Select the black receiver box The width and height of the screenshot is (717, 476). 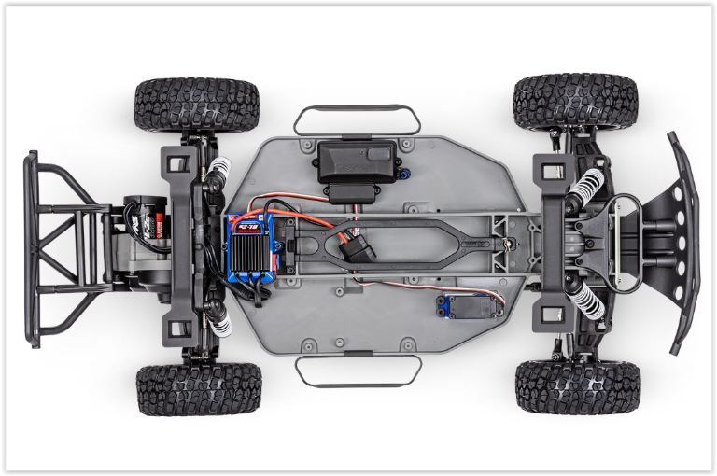(x=356, y=161)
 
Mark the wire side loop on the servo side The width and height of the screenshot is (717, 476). (x=357, y=371)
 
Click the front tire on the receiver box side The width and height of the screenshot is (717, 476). (x=575, y=102)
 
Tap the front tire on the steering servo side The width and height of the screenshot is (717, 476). (x=578, y=386)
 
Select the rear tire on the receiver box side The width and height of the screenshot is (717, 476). (x=197, y=104)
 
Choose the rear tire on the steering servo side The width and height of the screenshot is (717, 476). (x=199, y=388)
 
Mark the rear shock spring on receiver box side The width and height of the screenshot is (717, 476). (x=217, y=170)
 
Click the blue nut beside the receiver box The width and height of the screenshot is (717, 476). (x=405, y=172)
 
